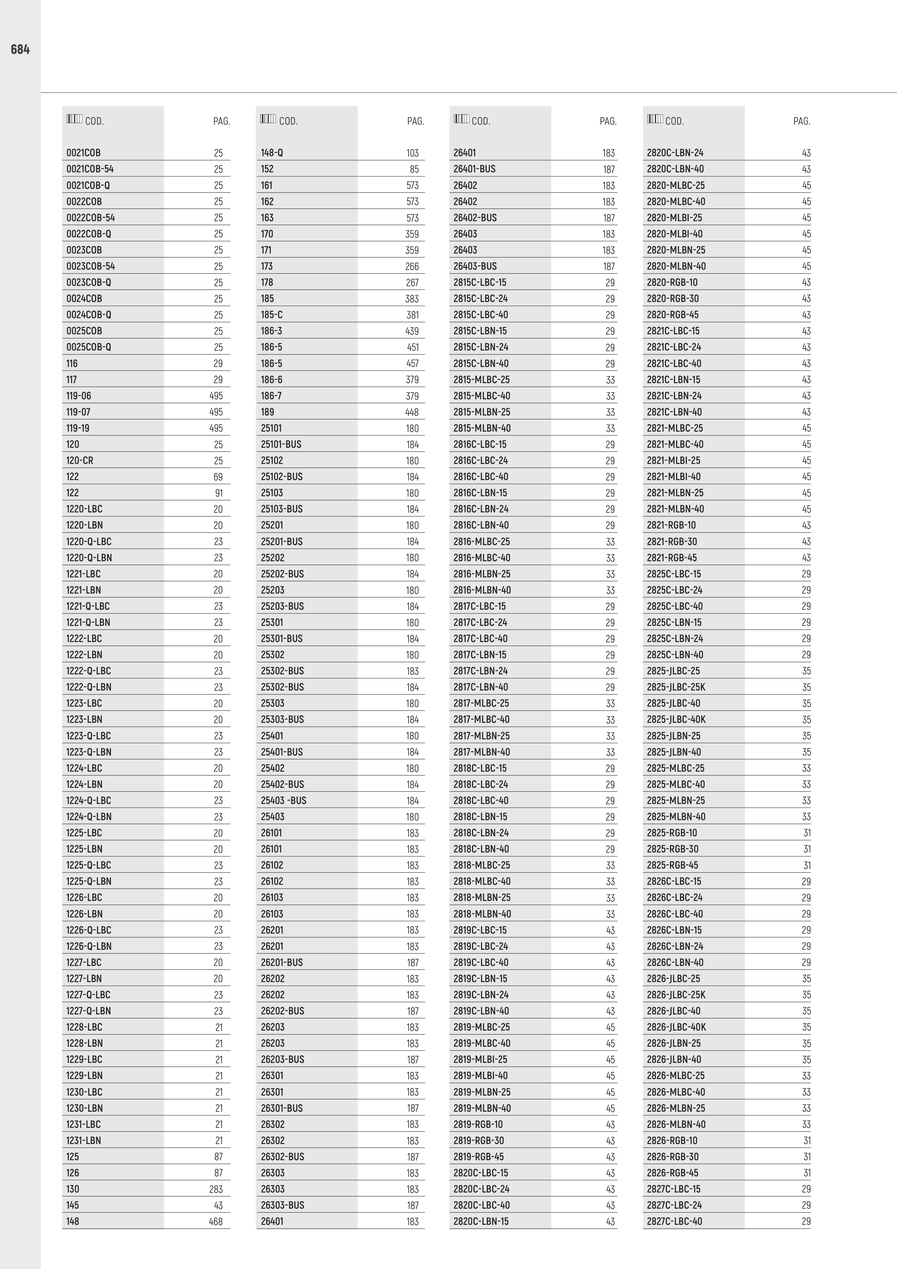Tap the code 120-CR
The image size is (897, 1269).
(80, 460)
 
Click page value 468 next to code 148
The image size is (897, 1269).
(216, 1222)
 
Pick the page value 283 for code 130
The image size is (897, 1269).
(216, 1189)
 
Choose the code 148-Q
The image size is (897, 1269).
(272, 153)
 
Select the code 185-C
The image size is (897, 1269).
(272, 315)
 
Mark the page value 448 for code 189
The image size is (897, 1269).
(412, 412)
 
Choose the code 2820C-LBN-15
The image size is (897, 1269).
(481, 1222)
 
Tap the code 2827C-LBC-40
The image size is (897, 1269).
(675, 1222)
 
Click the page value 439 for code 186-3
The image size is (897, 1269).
(412, 331)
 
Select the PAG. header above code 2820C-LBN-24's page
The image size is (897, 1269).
(801, 121)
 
